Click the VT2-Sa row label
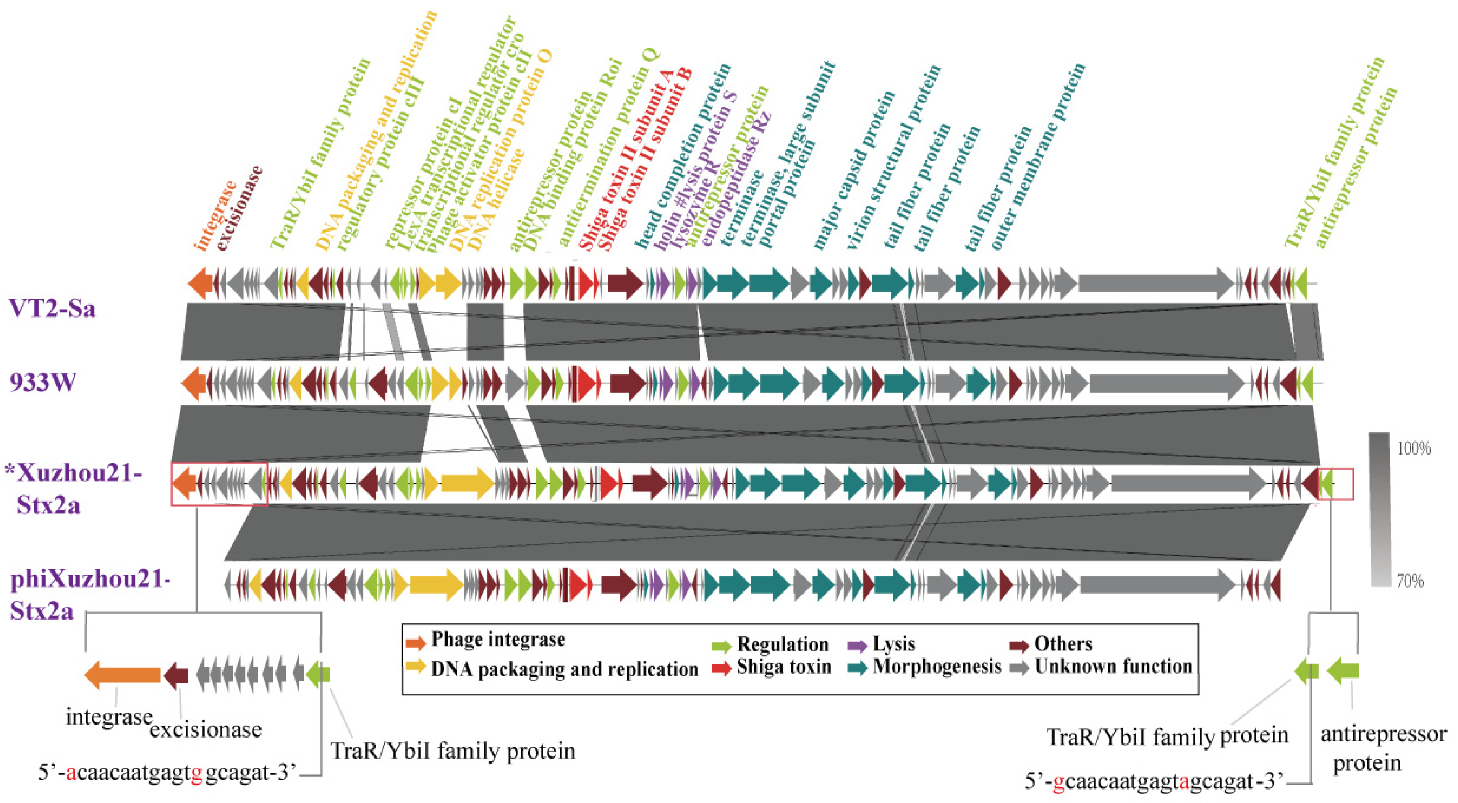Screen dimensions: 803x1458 coord(52,309)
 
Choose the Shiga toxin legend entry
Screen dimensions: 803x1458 coord(783,667)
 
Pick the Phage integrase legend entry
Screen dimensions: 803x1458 coord(498,639)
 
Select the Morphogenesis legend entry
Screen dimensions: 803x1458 coord(937,667)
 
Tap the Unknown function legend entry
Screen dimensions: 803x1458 coord(1113,667)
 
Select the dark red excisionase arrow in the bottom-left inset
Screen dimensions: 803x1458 coord(176,675)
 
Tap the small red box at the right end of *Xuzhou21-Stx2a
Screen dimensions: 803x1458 coord(1336,484)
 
